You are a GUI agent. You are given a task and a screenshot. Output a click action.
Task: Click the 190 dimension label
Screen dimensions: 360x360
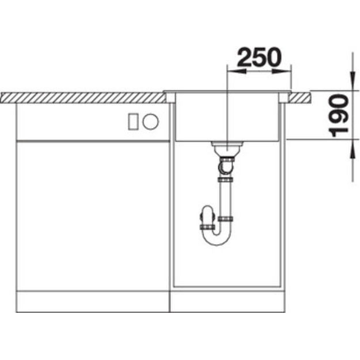pos(339,116)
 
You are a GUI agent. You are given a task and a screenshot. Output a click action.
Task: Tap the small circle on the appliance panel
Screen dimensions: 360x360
pos(150,122)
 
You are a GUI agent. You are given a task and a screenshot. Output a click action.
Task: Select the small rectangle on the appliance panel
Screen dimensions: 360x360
pos(133,122)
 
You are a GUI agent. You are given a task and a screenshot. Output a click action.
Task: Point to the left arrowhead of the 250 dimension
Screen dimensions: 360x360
pos(236,71)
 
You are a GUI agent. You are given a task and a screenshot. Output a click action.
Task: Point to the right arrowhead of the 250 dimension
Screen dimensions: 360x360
pos(282,71)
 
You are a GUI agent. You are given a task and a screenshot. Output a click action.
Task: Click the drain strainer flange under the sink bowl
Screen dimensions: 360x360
pos(227,144)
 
